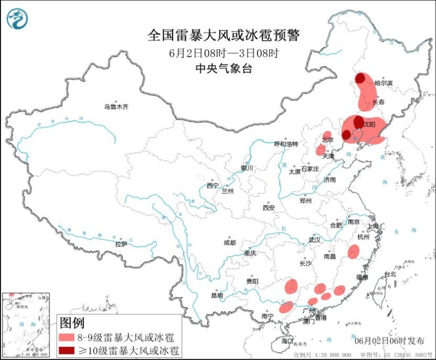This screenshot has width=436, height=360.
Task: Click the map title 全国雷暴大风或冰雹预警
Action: [x=224, y=35]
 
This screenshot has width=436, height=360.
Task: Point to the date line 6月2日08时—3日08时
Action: [x=224, y=53]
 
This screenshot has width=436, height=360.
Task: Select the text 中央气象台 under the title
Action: [x=224, y=68]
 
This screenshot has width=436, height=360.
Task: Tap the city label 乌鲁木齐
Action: [x=115, y=107]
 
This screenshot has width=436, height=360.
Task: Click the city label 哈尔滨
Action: [x=384, y=83]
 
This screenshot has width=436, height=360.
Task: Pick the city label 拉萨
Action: [x=121, y=244]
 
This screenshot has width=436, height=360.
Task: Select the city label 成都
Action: [x=229, y=242]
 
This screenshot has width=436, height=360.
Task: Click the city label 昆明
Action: [x=217, y=295]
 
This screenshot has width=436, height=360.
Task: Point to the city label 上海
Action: [x=374, y=226]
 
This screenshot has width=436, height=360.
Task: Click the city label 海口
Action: [x=286, y=341]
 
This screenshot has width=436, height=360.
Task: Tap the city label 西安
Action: [x=269, y=208]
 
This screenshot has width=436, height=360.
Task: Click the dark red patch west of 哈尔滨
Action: [x=360, y=79]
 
